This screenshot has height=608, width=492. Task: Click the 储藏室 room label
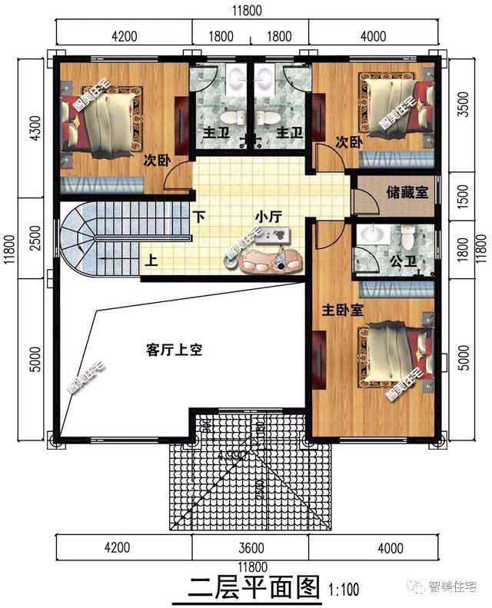[407, 192]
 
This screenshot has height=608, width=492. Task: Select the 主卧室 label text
[342, 310]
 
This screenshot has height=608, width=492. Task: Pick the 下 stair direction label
[199, 217]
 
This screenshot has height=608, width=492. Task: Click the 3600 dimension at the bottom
[251, 548]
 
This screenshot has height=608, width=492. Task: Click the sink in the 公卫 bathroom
[374, 232]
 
